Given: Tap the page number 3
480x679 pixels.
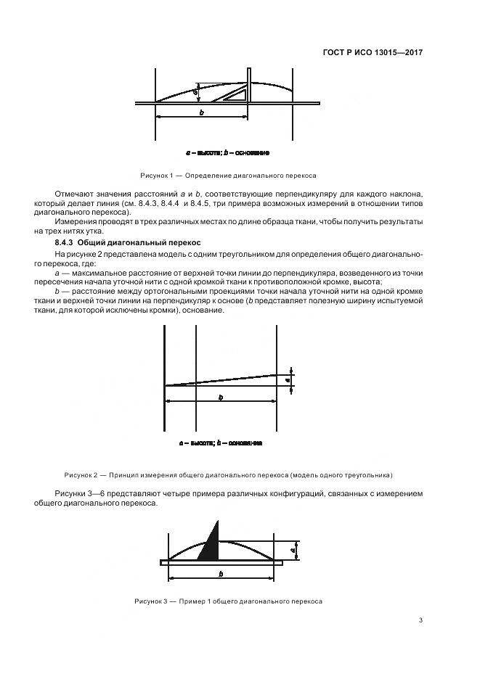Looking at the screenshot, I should click(x=422, y=620).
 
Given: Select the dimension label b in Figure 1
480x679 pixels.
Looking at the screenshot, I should click(x=201, y=112).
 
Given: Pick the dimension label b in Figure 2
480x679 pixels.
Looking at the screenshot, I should click(x=221, y=397).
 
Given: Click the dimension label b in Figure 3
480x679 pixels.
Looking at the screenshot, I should click(x=220, y=574).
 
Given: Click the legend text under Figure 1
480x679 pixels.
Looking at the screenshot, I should click(x=228, y=153).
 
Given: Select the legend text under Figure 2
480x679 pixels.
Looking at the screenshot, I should click(x=221, y=443).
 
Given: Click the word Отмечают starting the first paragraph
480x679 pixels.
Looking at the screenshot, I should click(x=74, y=194).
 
